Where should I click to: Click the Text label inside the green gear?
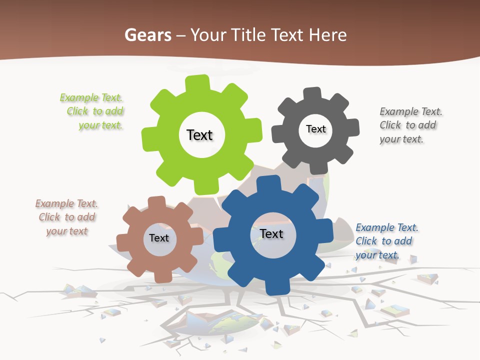[199, 135]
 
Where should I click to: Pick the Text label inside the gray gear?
[315, 129]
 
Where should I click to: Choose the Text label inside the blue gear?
[271, 233]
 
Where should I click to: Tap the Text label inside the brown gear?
[158, 238]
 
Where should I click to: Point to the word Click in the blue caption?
[366, 241]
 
